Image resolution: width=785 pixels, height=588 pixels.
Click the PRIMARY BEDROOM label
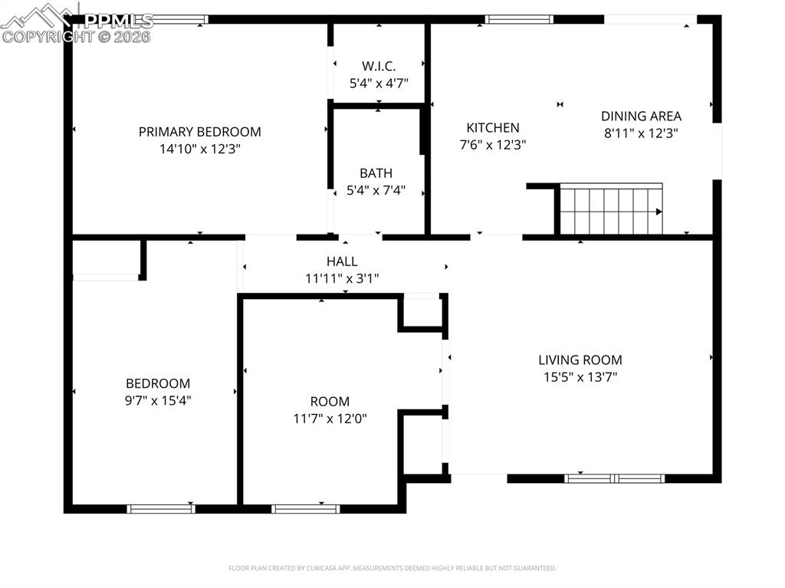(x=199, y=132)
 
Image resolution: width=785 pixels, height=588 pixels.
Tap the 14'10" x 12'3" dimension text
(x=199, y=149)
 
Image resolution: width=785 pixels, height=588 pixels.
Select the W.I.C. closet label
(x=379, y=66)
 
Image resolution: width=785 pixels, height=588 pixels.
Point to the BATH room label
(x=376, y=173)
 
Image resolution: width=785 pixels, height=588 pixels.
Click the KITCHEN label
(x=493, y=128)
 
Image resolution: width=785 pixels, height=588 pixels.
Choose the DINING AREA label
(x=641, y=117)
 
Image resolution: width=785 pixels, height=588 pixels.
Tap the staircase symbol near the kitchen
(x=611, y=209)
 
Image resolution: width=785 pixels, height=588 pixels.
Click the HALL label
(x=342, y=262)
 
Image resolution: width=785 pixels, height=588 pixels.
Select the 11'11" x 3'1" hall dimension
(x=342, y=279)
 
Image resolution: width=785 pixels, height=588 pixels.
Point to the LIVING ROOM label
(x=580, y=360)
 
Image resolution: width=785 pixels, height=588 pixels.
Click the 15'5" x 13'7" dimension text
(x=580, y=376)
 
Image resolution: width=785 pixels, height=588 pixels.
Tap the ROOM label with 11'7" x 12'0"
(x=330, y=402)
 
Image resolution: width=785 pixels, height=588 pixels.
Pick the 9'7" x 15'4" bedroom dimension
(x=158, y=400)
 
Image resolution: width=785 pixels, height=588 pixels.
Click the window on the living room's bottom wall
(x=614, y=478)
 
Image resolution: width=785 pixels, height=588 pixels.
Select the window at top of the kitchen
(x=519, y=20)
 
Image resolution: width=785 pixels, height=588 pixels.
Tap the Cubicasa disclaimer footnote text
(x=392, y=568)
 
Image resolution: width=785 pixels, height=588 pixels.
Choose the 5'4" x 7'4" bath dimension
(x=376, y=190)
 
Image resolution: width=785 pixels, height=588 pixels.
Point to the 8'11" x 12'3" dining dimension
(x=641, y=133)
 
